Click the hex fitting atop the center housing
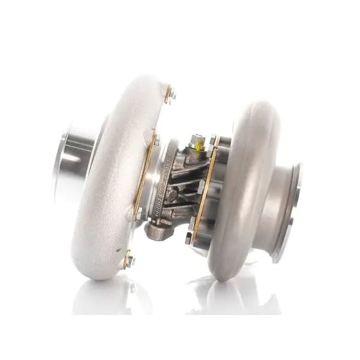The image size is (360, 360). click(196, 143)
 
